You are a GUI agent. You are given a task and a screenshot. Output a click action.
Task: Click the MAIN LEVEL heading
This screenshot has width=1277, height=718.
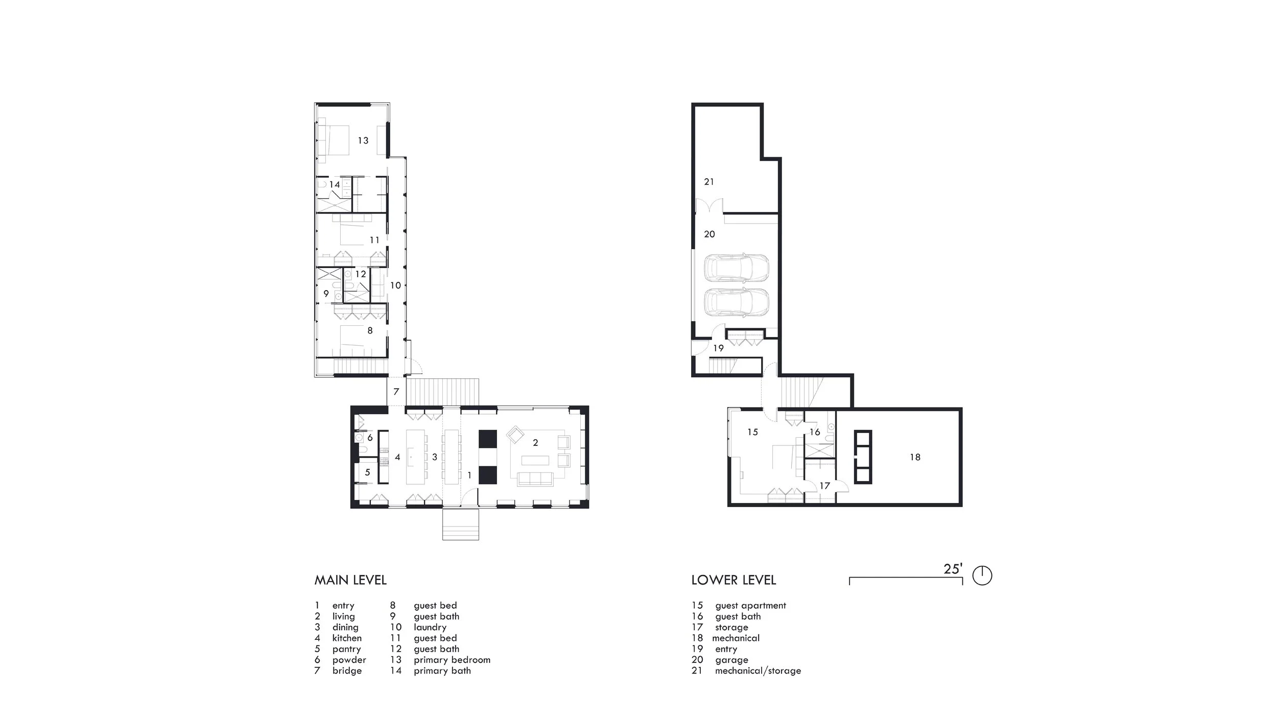point(350,580)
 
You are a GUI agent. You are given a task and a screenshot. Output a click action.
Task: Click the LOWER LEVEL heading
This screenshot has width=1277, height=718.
point(734,580)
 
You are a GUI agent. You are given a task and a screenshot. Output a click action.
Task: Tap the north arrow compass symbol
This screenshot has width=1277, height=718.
point(982,576)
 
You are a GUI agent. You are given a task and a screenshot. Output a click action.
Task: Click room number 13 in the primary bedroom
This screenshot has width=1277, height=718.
point(363,140)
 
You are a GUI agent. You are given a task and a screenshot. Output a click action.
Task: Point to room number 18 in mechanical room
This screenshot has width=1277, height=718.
point(915,458)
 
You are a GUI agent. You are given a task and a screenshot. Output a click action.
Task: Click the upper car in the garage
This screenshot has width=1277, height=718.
point(736,268)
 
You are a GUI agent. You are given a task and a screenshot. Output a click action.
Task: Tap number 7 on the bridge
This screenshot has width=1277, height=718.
point(396,392)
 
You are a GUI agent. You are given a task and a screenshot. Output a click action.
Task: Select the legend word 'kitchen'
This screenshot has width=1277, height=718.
point(347,638)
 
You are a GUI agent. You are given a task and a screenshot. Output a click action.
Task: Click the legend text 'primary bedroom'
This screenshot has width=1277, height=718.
point(452,660)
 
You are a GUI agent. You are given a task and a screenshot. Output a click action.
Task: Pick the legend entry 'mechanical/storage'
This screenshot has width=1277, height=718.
point(758,671)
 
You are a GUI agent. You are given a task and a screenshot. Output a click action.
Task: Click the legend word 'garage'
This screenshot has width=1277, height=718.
point(731,660)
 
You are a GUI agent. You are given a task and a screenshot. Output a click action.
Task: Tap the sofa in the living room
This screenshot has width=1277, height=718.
point(535,478)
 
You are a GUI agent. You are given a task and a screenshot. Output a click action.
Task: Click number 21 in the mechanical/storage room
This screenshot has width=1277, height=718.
point(709,182)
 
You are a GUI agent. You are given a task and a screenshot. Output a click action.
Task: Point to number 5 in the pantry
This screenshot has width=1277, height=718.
point(367,473)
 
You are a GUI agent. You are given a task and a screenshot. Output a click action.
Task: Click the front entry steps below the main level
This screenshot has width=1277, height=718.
point(461,524)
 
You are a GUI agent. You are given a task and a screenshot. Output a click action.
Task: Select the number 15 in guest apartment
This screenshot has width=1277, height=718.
point(752,432)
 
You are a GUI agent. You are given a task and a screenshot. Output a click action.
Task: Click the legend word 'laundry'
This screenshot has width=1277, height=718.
point(430,627)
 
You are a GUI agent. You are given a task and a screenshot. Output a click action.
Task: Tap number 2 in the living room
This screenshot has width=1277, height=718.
point(535,443)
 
